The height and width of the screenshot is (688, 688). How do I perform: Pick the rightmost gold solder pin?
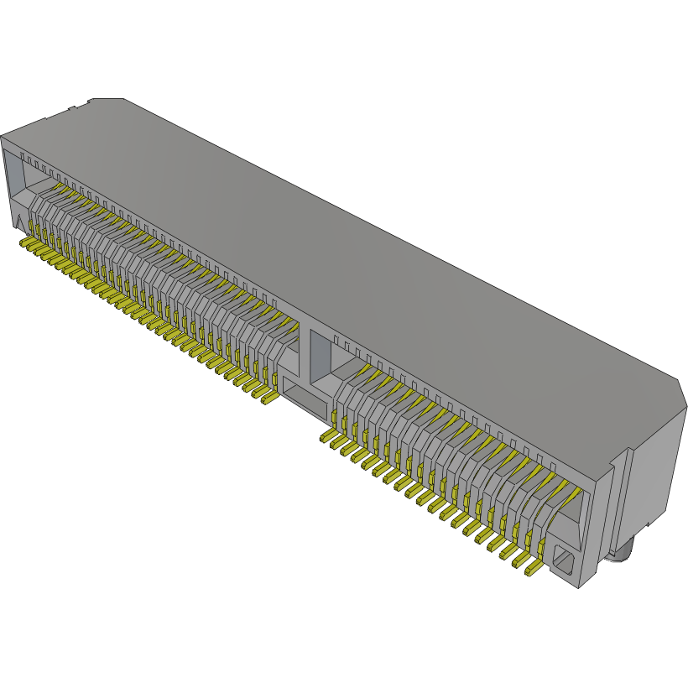tap(532, 571)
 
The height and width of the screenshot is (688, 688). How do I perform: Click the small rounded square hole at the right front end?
tap(560, 558)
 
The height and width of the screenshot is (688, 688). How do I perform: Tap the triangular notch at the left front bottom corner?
tap(18, 220)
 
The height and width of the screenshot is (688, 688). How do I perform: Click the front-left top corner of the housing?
tap(3, 136)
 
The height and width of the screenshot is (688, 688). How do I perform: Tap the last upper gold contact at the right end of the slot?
tap(560, 486)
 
